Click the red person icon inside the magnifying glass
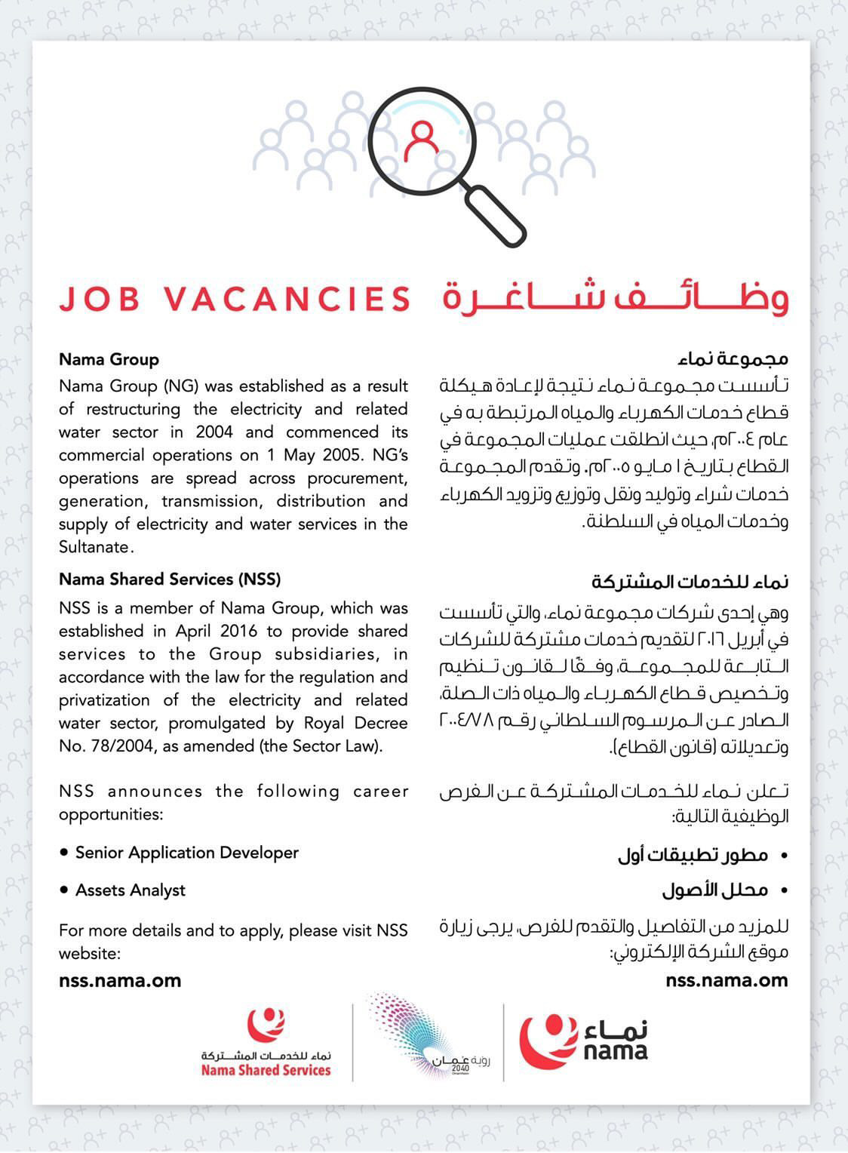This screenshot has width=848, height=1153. (420, 140)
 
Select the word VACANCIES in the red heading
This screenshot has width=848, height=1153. (287, 299)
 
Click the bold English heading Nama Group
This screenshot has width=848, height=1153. (109, 359)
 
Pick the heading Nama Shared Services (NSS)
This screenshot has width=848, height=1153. (170, 580)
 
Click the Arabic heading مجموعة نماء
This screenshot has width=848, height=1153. (733, 358)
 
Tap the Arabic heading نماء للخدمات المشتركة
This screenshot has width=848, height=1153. (690, 582)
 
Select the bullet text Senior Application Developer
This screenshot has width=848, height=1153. (187, 853)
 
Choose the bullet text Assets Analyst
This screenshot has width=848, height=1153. (131, 890)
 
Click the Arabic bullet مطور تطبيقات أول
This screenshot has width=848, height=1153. (693, 855)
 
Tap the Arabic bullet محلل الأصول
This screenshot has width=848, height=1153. (714, 890)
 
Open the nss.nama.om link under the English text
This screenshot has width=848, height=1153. (120, 981)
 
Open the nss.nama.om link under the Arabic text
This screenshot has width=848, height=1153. (727, 981)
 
